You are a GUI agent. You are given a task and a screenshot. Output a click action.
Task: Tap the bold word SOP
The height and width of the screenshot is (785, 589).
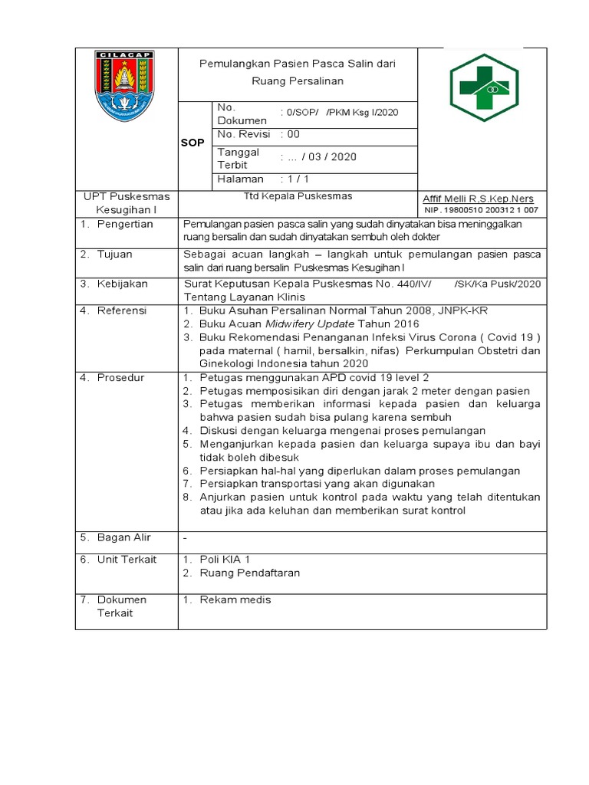[192, 143]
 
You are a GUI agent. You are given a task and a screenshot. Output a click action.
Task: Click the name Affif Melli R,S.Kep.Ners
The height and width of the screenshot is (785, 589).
[479, 199]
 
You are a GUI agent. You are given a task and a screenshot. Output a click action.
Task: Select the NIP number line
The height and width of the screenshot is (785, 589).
[481, 209]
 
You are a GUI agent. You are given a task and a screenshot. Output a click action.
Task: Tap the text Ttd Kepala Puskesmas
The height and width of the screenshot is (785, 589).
[298, 195]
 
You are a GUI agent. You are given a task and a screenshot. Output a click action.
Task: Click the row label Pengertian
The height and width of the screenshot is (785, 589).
[125, 224]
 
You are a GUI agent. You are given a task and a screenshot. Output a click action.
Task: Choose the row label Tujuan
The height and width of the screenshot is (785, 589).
[114, 254]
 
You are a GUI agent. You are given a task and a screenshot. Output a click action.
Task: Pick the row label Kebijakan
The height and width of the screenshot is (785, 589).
[121, 284]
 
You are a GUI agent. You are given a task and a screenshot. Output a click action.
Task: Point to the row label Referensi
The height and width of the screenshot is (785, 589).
[121, 310]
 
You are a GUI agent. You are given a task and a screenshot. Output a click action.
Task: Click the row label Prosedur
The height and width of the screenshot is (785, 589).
[120, 378]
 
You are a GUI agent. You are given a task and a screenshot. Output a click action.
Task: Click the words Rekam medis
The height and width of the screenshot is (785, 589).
[235, 599]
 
